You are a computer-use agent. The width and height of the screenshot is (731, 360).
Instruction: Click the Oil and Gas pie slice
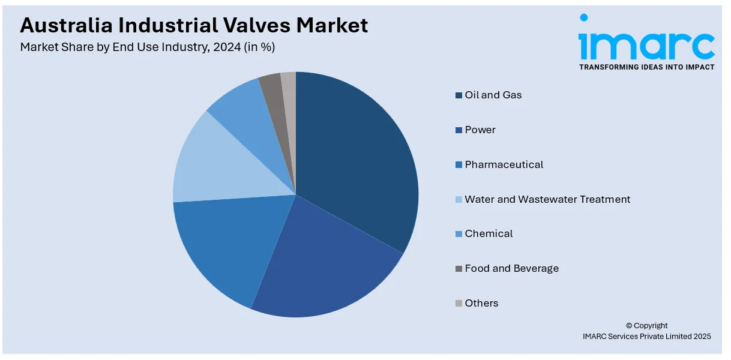point(354,156)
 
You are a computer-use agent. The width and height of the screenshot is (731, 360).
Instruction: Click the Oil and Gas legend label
point(493,95)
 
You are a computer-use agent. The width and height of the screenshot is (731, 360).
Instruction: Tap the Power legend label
point(480,130)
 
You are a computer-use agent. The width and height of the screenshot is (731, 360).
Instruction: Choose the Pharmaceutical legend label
point(504,164)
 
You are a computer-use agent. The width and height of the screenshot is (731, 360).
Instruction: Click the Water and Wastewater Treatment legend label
point(547,199)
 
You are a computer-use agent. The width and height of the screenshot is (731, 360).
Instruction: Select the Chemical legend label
point(489,233)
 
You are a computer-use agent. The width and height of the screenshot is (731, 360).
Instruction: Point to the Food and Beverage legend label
point(511,268)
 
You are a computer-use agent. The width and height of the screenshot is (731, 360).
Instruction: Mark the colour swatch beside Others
point(459,304)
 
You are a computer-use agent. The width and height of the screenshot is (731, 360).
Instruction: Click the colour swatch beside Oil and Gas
point(459,95)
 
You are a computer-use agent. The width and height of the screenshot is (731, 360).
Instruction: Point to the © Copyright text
point(646,326)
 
